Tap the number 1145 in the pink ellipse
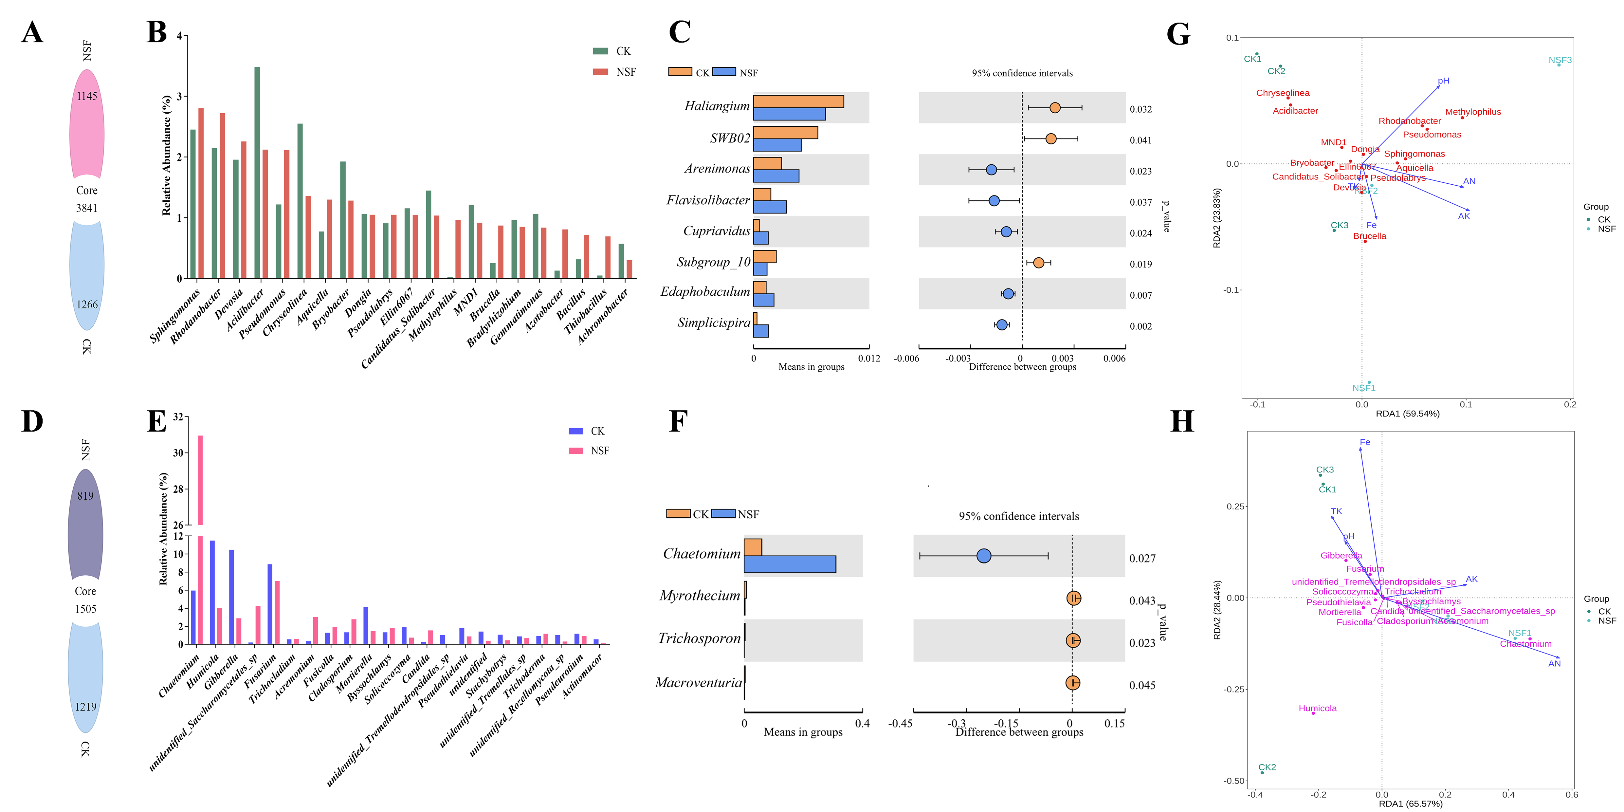click(x=87, y=97)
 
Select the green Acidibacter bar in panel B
click(x=257, y=172)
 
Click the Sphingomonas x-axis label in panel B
click(x=174, y=315)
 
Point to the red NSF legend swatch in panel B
click(x=600, y=72)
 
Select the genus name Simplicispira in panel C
click(x=714, y=323)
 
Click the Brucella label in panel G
click(x=1369, y=236)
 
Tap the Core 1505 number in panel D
click(x=86, y=609)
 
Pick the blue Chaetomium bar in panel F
click(x=790, y=564)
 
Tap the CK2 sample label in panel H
click(x=1267, y=767)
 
